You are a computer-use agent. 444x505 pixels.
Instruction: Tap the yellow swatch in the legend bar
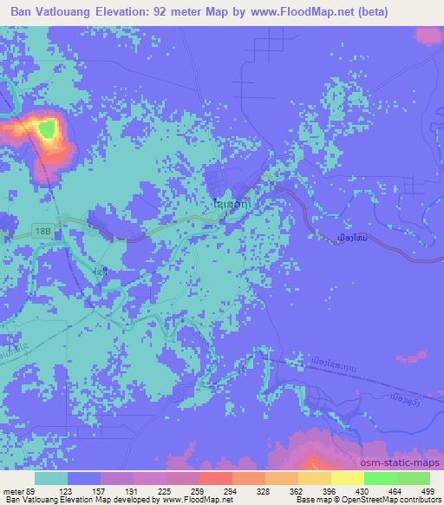[347, 478]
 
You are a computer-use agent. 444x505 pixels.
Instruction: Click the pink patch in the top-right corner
[429, 36]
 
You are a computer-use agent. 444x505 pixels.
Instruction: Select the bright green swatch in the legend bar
[380, 478]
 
